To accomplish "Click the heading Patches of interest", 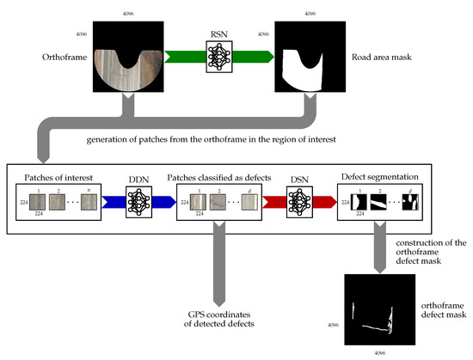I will click(x=52, y=174).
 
